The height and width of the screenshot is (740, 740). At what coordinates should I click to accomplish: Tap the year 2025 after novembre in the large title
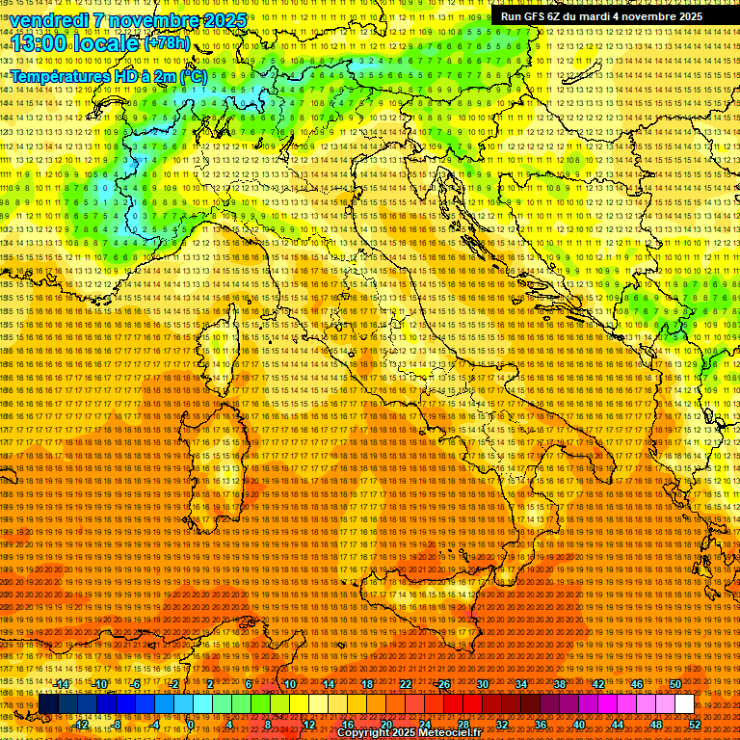(x=220, y=20)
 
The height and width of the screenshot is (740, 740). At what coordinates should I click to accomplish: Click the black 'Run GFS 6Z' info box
(x=601, y=16)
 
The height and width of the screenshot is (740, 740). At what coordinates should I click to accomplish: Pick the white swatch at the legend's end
(x=684, y=704)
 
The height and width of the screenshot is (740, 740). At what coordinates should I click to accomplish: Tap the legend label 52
(x=695, y=725)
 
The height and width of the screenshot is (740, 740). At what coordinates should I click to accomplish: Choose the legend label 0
(x=192, y=725)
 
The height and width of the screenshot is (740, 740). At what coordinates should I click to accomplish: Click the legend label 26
(x=444, y=684)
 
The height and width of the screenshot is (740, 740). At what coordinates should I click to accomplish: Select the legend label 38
(x=560, y=684)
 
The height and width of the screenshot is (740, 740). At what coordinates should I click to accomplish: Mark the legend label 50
(x=675, y=684)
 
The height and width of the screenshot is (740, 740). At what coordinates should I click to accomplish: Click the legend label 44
(x=618, y=725)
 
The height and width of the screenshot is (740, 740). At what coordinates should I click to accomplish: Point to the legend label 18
(x=367, y=684)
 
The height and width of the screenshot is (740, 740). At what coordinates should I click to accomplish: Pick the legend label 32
(x=502, y=725)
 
